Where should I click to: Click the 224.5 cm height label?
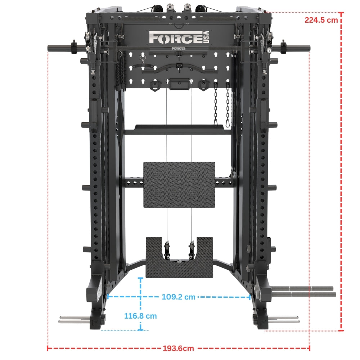click(x=321, y=20)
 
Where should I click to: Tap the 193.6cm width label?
click(x=179, y=348)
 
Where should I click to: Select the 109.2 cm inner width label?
click(x=179, y=297)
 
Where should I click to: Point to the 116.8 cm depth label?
click(x=140, y=316)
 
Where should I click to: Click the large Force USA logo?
click(x=179, y=37)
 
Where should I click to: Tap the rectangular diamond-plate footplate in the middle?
click(x=179, y=185)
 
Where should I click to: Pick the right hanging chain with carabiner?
click(x=228, y=104)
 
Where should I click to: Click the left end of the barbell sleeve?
click(x=48, y=48)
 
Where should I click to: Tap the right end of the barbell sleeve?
click(x=310, y=49)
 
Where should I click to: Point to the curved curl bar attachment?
click(x=179, y=69)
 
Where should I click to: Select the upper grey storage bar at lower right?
click(x=302, y=288)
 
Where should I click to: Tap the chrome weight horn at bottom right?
click(x=284, y=319)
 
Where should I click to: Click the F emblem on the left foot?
click(x=94, y=323)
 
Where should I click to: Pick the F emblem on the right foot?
click(x=263, y=322)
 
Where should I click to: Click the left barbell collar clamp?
click(x=74, y=47)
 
